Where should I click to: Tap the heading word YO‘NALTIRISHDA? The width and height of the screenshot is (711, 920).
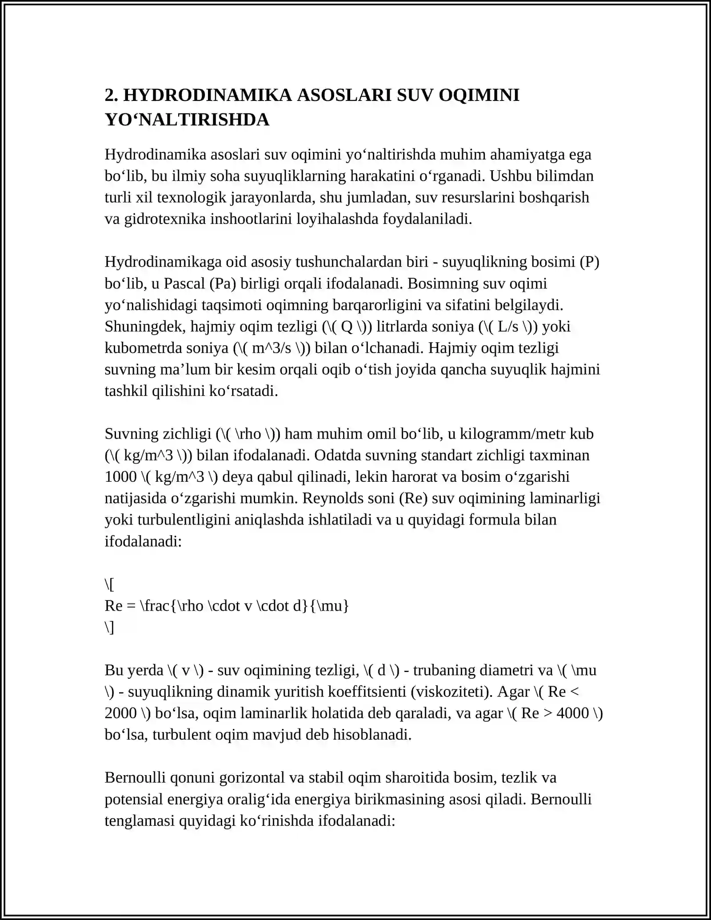click(187, 120)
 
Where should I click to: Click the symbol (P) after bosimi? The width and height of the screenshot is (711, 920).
click(590, 262)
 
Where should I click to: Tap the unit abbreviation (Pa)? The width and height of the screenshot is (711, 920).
click(223, 284)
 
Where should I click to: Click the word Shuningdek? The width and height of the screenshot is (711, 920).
click(145, 327)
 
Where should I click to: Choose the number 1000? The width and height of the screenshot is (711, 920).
click(120, 477)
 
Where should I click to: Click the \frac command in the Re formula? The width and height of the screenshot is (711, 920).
click(155, 606)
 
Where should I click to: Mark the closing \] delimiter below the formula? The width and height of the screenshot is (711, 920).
click(109, 627)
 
